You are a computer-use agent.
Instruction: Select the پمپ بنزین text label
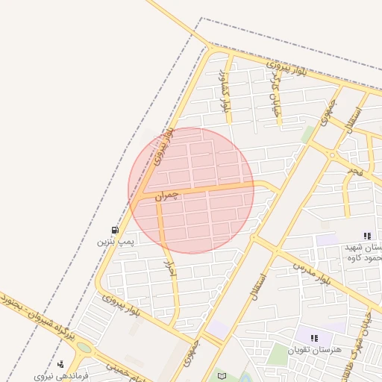(x=115, y=242)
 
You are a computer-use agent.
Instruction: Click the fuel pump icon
(x=114, y=230)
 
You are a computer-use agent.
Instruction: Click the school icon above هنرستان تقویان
(x=314, y=338)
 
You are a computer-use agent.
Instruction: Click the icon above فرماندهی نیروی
(x=60, y=364)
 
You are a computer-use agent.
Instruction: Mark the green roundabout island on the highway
(x=84, y=348)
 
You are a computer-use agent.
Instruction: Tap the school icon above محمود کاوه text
(x=366, y=235)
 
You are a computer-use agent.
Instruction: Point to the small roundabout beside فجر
(x=332, y=156)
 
